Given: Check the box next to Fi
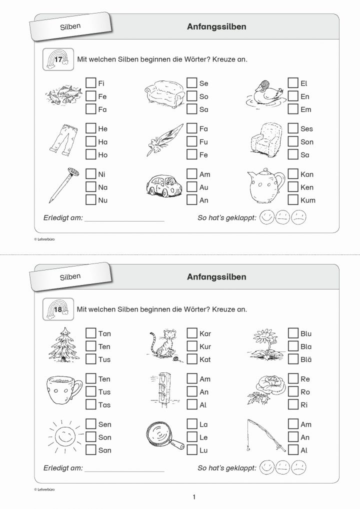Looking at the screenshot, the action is tap(91, 83).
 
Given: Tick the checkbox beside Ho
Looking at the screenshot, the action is tap(91, 154).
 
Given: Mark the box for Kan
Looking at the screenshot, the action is tap(293, 173).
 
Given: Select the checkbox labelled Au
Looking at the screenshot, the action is tap(192, 186).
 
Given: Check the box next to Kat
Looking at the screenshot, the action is tap(192, 359).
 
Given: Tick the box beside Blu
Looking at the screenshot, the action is tap(293, 333).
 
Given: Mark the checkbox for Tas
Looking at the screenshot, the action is tap(91, 404).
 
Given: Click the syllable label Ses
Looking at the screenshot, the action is tap(306, 129).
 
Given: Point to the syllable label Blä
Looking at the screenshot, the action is tap(306, 359).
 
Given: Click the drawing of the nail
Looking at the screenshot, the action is tap(64, 185).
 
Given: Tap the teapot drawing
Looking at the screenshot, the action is tap(266, 186).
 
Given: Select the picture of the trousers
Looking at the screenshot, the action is tap(64, 140).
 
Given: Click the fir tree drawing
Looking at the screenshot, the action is tap(64, 344).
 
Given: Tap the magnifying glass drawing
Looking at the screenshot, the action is tap(164, 436).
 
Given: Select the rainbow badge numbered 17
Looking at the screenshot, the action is tap(58, 59).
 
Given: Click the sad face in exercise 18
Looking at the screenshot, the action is tap(298, 467).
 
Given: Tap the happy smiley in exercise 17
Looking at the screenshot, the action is tap(267, 217).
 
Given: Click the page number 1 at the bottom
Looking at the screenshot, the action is tap(194, 497).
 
